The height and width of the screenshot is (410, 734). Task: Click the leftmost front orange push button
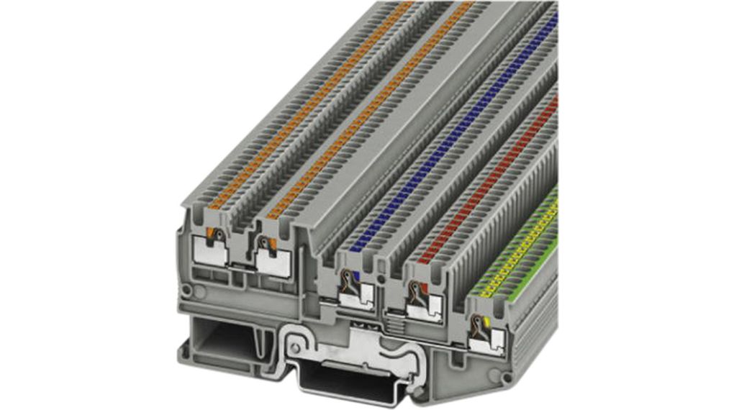[x=213, y=232]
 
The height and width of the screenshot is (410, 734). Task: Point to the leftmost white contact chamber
[x=211, y=252]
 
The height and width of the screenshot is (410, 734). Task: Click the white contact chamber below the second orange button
[x=273, y=263]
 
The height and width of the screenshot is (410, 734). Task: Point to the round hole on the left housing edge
[x=187, y=291]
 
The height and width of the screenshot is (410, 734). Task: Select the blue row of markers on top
[x=461, y=129]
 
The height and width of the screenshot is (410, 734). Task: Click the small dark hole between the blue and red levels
[x=380, y=278]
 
